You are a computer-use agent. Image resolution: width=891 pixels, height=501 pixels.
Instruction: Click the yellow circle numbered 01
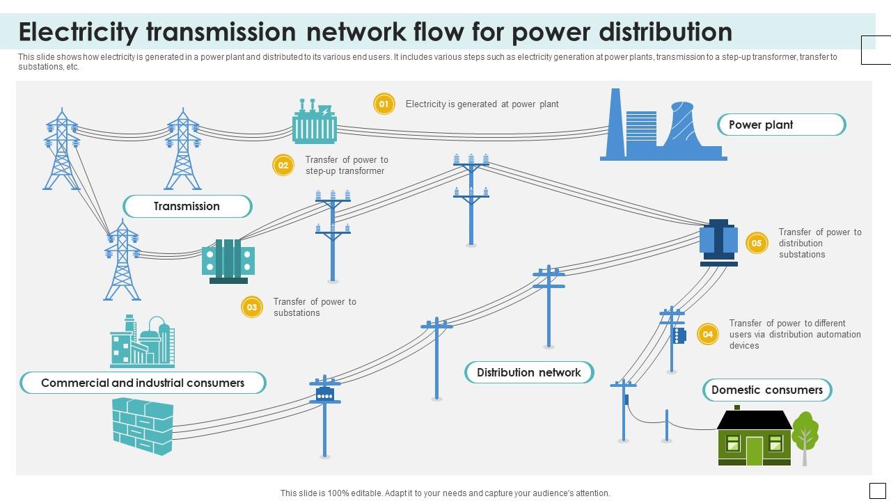point(384,104)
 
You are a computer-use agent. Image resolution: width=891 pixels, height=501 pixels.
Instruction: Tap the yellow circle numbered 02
point(283,165)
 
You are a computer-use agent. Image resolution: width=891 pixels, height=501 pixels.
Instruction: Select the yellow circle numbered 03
point(252,307)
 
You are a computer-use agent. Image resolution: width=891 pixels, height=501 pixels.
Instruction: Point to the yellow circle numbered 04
point(708,334)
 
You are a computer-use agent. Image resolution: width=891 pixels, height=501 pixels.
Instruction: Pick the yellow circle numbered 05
point(757,243)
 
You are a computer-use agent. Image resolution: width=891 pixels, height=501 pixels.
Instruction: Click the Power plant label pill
point(781,125)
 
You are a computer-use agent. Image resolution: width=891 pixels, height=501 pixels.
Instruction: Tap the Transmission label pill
point(187,207)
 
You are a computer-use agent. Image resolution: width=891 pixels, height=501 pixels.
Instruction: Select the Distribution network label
point(529,372)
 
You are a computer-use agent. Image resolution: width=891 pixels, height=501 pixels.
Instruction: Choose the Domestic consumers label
point(767,390)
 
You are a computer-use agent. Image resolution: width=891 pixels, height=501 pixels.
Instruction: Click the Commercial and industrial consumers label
point(143,383)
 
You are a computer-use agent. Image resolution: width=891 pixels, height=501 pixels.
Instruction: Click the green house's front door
point(754,451)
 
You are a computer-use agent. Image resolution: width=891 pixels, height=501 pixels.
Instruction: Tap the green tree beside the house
point(805,438)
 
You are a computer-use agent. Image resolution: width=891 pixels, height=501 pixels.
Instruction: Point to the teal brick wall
point(143,427)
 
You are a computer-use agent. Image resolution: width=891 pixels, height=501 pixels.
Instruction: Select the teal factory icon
point(143,341)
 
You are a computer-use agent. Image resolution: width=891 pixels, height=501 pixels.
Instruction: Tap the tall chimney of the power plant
point(615,122)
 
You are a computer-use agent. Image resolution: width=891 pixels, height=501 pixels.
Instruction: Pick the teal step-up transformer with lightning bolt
point(314,121)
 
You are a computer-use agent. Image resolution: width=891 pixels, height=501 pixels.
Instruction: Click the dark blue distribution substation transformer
point(719,243)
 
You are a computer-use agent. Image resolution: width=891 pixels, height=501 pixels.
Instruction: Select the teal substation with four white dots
point(228,261)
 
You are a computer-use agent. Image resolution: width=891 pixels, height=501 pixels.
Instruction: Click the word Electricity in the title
point(79,32)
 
